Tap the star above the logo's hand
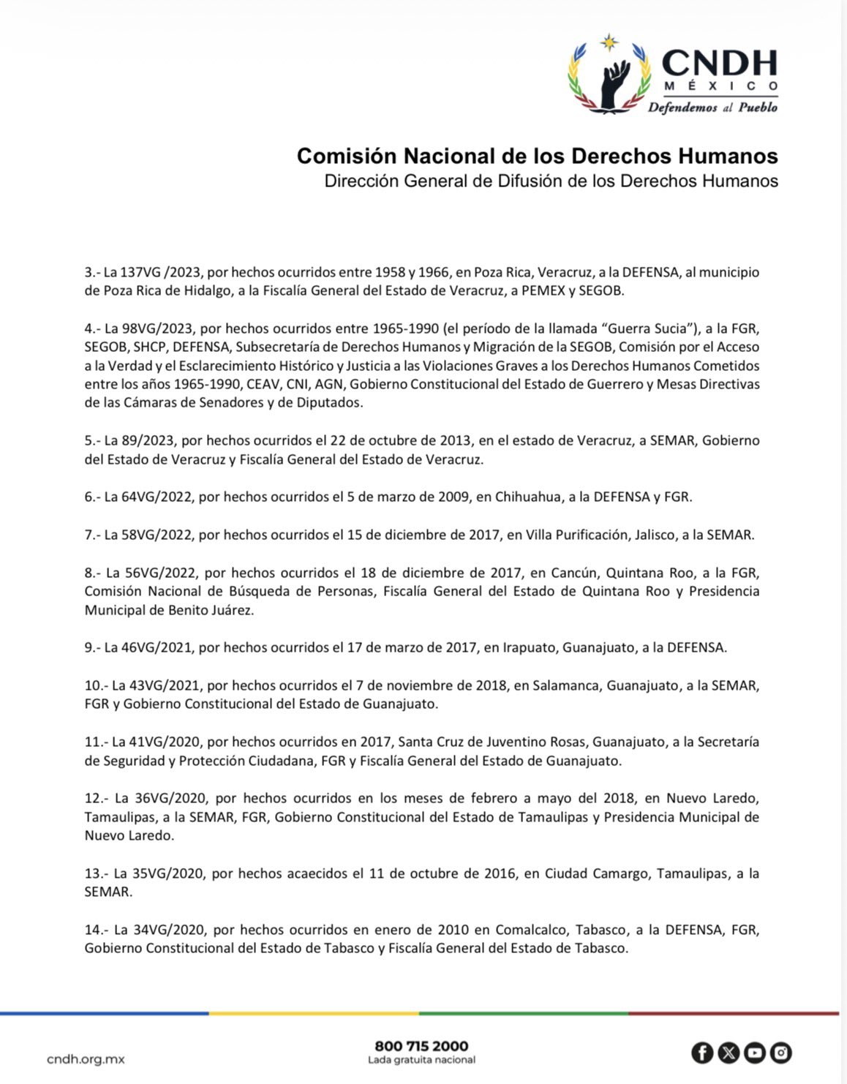tap(609, 42)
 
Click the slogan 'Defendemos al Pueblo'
tap(712, 108)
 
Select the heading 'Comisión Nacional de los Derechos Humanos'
tap(537, 156)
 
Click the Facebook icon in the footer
tap(702, 1053)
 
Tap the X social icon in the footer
tap(729, 1053)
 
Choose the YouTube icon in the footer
tap(755, 1053)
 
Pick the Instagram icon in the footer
tap(781, 1053)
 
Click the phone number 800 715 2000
tap(421, 1046)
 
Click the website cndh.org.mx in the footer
tap(86, 1058)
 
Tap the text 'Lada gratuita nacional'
tap(421, 1060)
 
